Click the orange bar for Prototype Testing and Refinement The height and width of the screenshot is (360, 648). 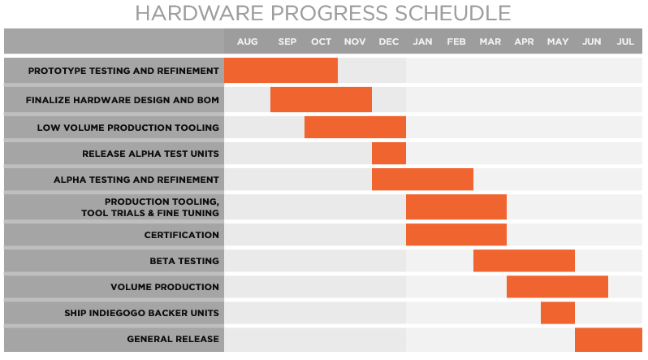click(x=280, y=71)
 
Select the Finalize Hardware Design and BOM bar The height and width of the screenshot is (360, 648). click(x=321, y=100)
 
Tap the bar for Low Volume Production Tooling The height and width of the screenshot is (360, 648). click(x=355, y=128)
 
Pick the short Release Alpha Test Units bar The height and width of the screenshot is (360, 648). click(x=389, y=154)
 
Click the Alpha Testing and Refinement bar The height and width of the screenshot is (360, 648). click(x=422, y=179)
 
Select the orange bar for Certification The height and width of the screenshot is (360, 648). click(x=456, y=235)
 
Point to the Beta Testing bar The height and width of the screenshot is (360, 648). click(x=524, y=261)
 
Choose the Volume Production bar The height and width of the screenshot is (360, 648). click(x=557, y=287)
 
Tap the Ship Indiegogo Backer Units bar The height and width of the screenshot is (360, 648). click(x=558, y=313)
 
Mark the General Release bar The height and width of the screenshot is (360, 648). click(x=608, y=339)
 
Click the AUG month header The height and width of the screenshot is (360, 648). click(x=247, y=41)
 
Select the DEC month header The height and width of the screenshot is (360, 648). click(x=388, y=41)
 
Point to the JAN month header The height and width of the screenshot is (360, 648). click(x=422, y=41)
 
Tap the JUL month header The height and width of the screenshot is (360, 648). click(x=625, y=41)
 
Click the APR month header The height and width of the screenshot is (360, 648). click(x=524, y=41)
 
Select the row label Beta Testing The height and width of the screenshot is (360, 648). click(x=184, y=261)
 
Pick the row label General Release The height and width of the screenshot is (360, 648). click(x=173, y=339)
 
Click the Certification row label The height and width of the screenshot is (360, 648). click(x=182, y=235)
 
